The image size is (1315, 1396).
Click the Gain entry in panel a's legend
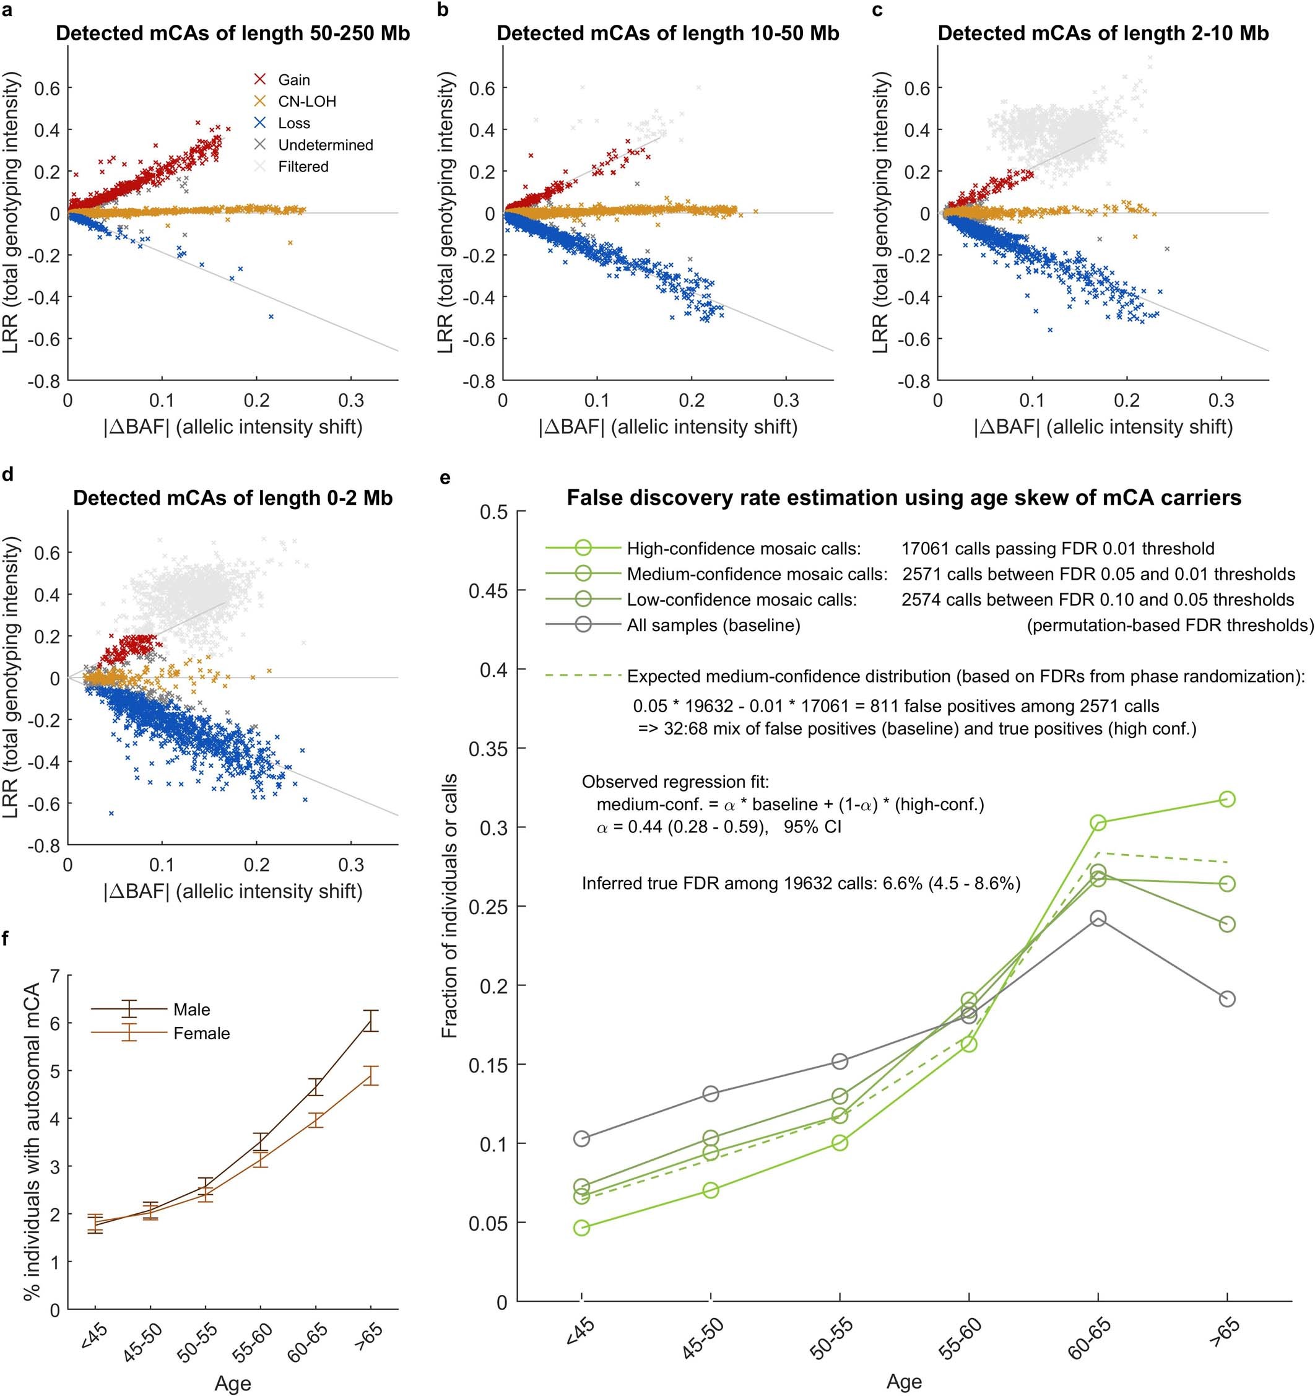(293, 80)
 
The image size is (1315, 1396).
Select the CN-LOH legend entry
(307, 102)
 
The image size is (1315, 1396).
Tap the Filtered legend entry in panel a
(303, 167)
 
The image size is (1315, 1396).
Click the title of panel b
(667, 33)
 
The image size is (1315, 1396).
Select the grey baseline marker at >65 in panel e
(1226, 998)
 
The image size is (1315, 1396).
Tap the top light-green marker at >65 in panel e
(1226, 799)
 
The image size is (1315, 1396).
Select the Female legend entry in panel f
(201, 1033)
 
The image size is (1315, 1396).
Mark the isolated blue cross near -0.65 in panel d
(111, 813)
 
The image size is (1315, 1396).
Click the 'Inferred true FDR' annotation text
(801, 883)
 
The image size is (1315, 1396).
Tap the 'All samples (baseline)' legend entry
(713, 625)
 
